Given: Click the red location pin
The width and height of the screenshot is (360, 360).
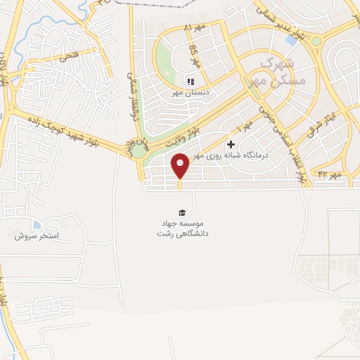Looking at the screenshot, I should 181,166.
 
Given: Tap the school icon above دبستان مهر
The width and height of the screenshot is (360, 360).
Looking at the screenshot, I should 190,82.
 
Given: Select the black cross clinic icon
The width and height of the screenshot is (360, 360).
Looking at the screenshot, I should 231,143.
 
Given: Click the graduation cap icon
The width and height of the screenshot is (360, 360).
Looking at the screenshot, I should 182,213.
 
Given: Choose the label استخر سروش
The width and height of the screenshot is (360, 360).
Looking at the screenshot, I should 37,236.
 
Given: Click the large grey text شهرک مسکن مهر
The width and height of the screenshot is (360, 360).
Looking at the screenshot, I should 284,72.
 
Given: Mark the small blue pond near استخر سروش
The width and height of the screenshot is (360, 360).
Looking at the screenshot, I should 37,224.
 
